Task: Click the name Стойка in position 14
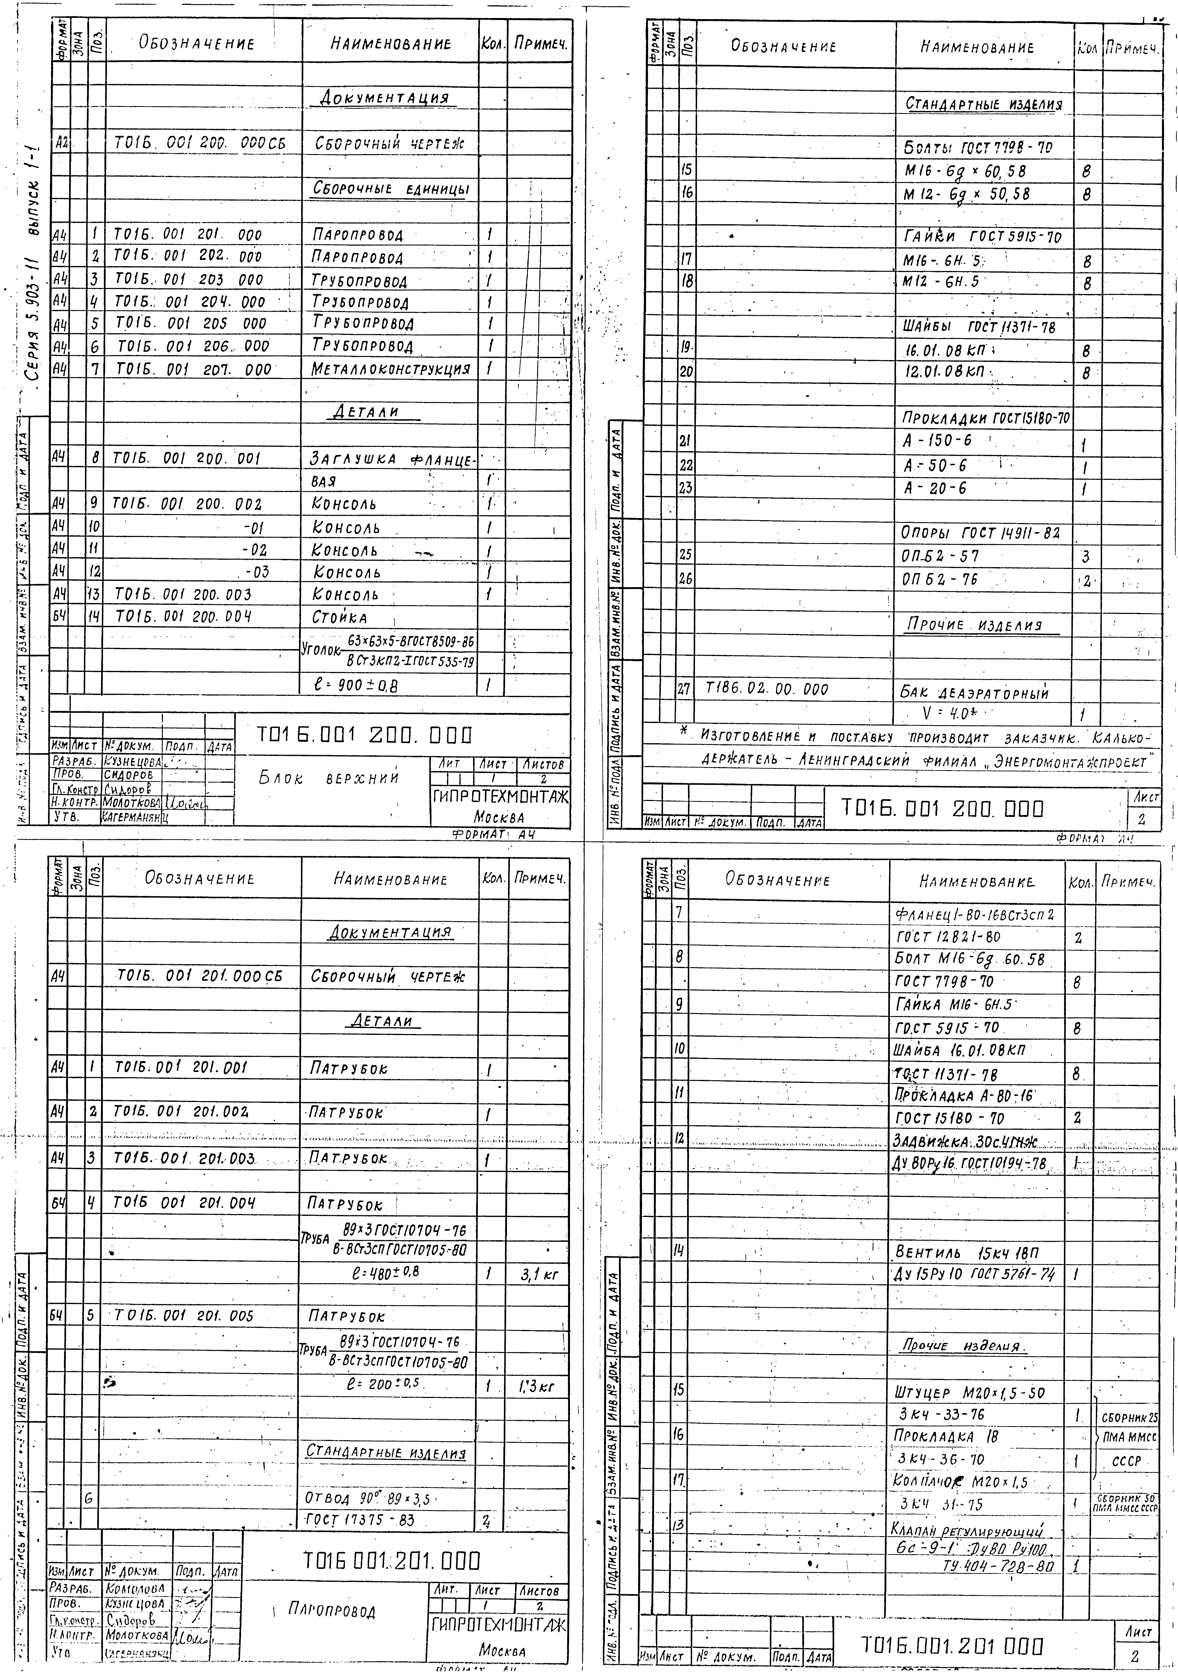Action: point(340,617)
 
